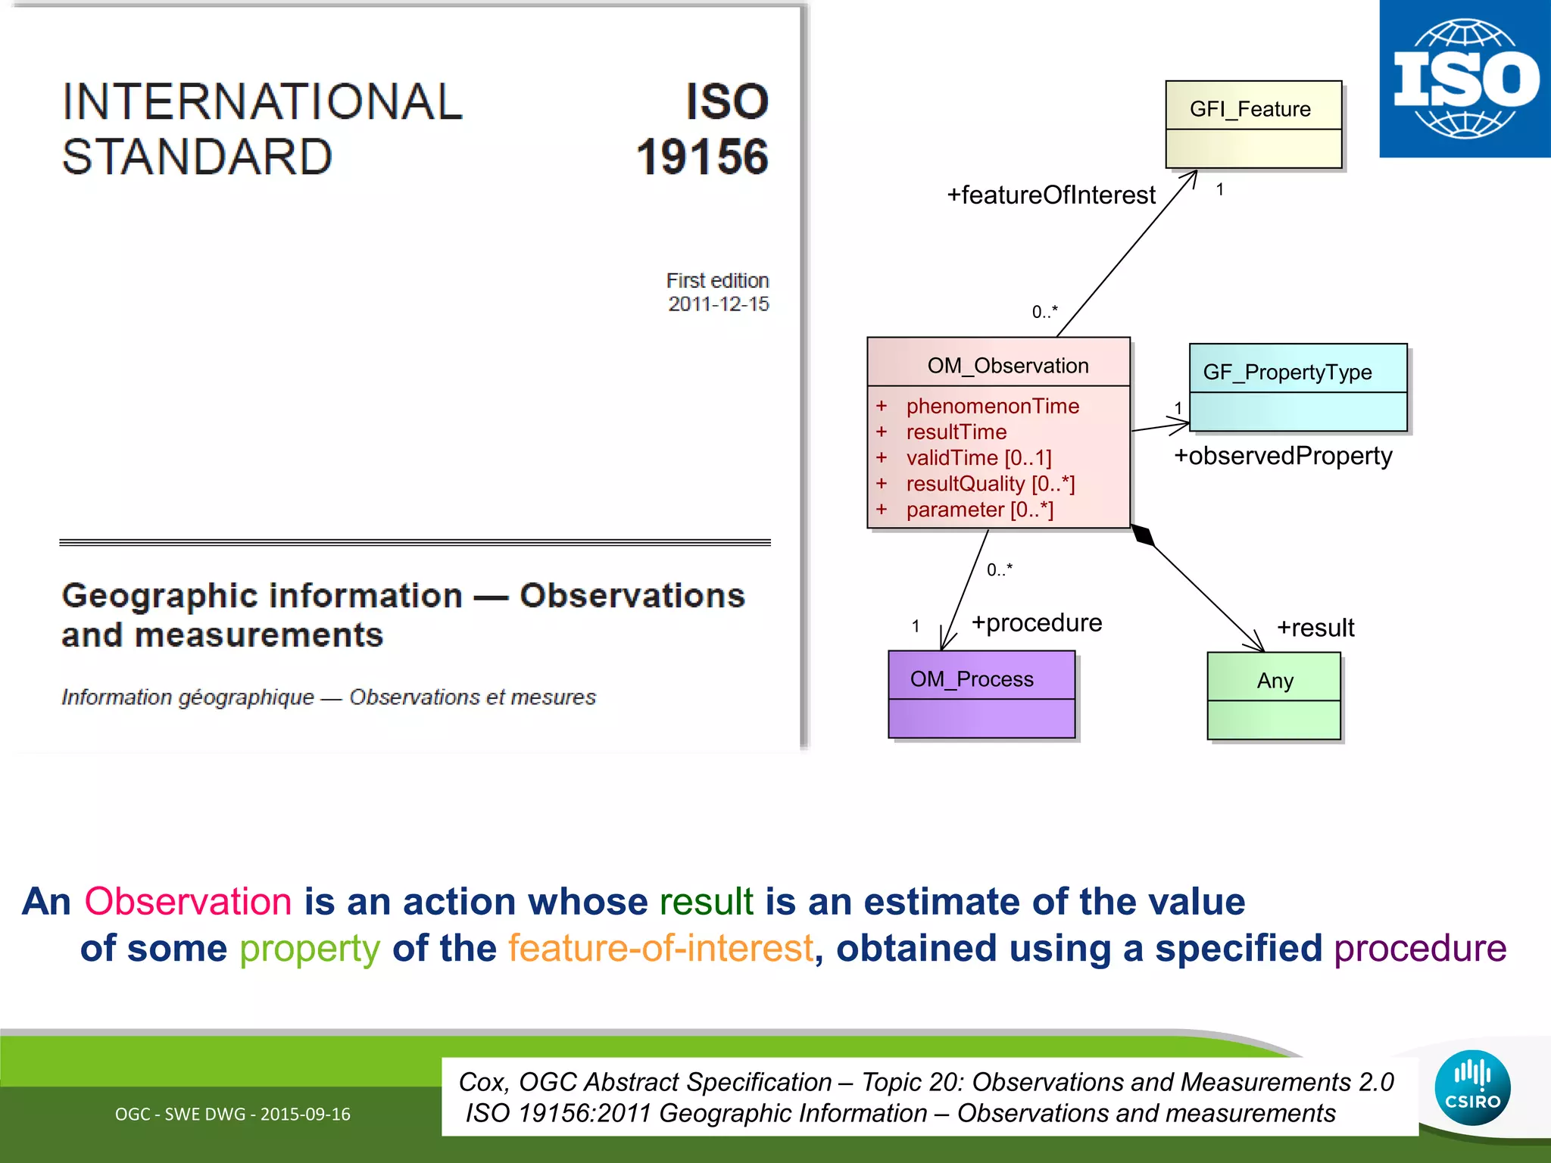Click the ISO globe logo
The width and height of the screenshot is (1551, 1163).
click(x=1465, y=79)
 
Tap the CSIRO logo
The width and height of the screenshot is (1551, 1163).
click(x=1472, y=1088)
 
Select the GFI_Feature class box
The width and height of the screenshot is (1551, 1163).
click(x=1253, y=125)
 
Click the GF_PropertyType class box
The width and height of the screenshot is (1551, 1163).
click(x=1298, y=388)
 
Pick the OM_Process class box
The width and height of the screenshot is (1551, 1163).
click(x=981, y=694)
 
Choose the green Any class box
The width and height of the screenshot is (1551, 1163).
click(x=1274, y=696)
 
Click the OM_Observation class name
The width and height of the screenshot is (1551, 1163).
click(x=1007, y=366)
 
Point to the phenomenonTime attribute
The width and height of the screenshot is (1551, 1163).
click(x=992, y=406)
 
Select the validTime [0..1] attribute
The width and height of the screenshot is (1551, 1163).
click(x=978, y=458)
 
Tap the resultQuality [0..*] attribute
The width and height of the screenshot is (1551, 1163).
click(x=990, y=484)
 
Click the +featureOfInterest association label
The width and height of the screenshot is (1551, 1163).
click(x=1051, y=195)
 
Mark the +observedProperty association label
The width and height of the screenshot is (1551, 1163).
click(x=1283, y=456)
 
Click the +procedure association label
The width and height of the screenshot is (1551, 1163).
click(x=1037, y=623)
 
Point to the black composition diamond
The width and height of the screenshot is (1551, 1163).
click(x=1143, y=535)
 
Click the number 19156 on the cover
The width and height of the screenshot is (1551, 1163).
click(x=702, y=157)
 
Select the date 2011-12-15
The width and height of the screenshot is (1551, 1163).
click(x=718, y=304)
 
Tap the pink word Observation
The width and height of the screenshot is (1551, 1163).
click(x=188, y=902)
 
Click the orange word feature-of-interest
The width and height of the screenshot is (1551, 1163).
click(x=660, y=949)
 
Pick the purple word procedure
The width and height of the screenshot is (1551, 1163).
click(x=1420, y=949)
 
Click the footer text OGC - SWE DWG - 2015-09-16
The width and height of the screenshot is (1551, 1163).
click(x=232, y=1115)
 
